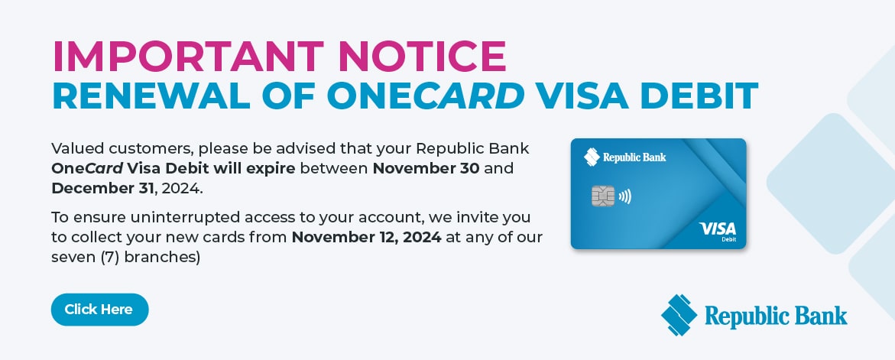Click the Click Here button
(x=99, y=310)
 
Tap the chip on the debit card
(x=603, y=196)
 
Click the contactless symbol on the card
(x=624, y=196)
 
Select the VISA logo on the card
(x=717, y=229)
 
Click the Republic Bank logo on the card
(x=625, y=157)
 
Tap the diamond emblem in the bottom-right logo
(x=679, y=315)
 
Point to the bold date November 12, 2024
(x=367, y=237)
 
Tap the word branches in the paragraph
(x=162, y=258)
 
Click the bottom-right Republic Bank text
(x=776, y=315)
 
